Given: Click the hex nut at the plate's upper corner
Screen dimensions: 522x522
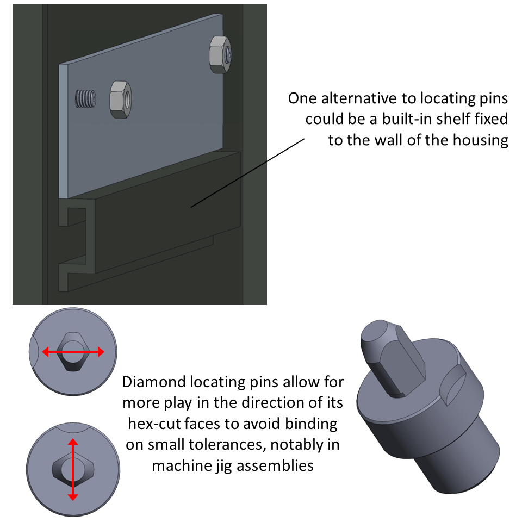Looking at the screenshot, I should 220,54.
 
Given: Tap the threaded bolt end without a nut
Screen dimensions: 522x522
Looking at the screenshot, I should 85,100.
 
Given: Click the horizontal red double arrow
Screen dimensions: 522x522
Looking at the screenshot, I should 73,353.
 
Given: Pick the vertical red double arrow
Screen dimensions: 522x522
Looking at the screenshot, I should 73,470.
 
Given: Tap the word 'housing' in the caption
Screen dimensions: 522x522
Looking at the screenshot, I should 481,140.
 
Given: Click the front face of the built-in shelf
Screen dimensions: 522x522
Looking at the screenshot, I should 163,217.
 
